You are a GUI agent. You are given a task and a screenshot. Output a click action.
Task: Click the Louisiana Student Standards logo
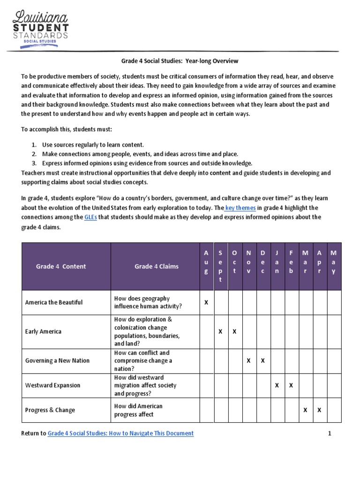tap(40, 28)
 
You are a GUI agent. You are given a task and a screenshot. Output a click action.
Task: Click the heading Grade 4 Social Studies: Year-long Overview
tap(180, 61)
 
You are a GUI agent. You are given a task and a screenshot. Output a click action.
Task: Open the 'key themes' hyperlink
tap(240, 208)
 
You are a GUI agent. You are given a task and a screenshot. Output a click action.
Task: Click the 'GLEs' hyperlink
tap(90, 217)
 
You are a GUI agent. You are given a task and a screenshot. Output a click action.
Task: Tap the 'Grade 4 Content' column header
tap(61, 266)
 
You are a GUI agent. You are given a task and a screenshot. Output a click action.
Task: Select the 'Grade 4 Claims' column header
tap(157, 266)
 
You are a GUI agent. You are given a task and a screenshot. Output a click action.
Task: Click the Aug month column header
tap(206, 262)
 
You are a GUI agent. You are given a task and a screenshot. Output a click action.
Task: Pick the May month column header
tap(334, 262)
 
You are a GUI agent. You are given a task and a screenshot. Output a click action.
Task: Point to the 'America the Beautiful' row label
tap(53, 302)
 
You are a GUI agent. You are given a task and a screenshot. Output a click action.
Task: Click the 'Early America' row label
tap(43, 331)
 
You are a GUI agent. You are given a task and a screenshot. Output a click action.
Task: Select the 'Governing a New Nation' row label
tap(57, 360)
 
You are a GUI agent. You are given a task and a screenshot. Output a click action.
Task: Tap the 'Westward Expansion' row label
tap(52, 385)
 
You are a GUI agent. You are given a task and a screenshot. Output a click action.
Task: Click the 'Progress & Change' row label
tap(50, 410)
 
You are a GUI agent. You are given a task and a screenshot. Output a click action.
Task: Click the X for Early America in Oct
tap(235, 331)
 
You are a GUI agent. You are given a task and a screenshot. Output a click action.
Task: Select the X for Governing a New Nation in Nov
tap(249, 360)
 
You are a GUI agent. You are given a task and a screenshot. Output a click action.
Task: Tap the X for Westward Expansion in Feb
tap(291, 385)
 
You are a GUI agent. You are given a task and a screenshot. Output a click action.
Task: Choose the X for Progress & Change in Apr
tap(319, 410)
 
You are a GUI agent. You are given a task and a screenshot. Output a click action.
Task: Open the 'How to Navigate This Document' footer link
tap(120, 434)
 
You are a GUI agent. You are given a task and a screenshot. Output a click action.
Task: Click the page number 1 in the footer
tap(330, 434)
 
